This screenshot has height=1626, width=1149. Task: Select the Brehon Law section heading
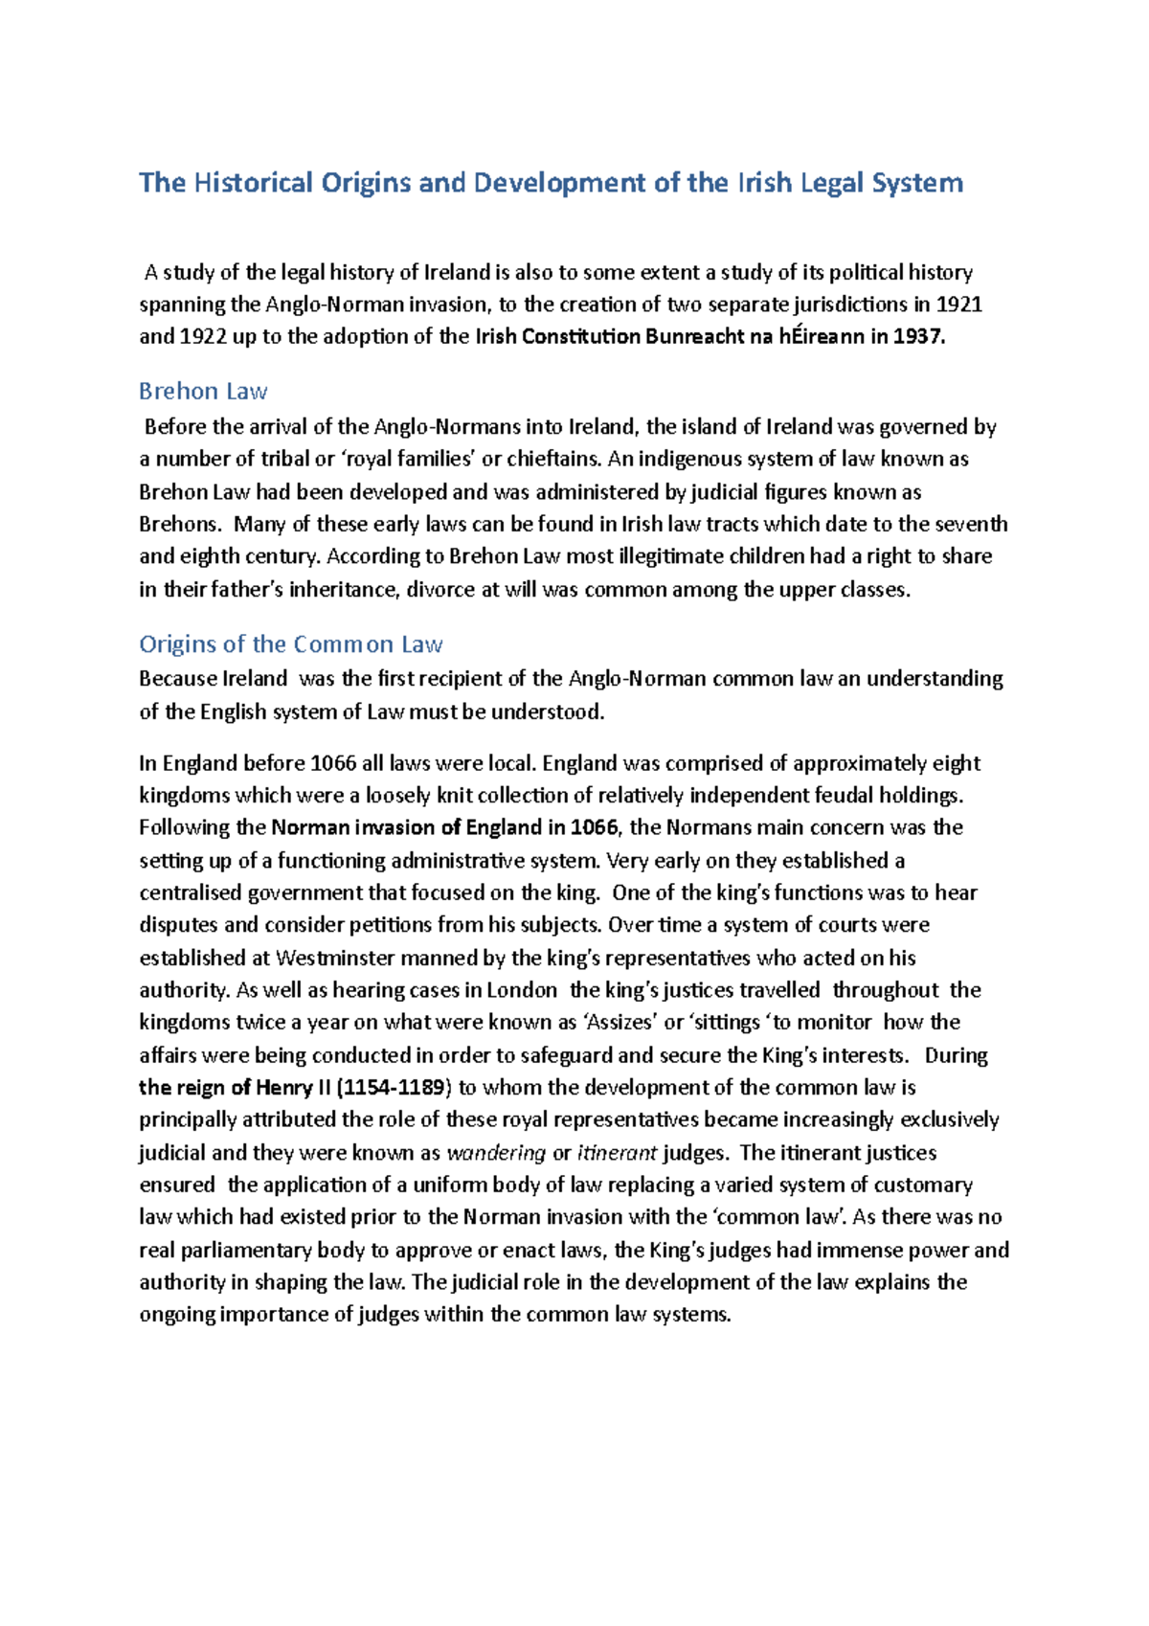pyautogui.click(x=203, y=391)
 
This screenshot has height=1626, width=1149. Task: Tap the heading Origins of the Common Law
pyautogui.click(x=290, y=644)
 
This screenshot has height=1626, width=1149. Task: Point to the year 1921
pyautogui.click(x=958, y=305)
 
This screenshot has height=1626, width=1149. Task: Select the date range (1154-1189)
pyautogui.click(x=394, y=1087)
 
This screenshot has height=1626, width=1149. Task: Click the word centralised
pyautogui.click(x=191, y=892)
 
